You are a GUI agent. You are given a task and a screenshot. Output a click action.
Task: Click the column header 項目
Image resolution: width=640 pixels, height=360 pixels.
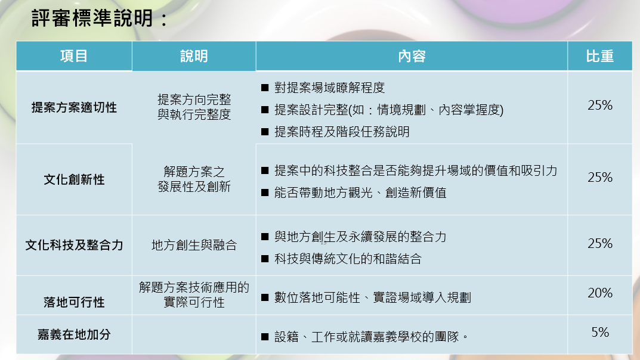pos(74,56)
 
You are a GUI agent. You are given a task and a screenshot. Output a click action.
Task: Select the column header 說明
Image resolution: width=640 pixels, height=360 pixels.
pos(194,56)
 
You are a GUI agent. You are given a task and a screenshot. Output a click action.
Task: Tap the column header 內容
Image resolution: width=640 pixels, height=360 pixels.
pos(412,56)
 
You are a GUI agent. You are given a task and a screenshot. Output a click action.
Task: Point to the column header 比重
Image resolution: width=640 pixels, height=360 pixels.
pos(599,56)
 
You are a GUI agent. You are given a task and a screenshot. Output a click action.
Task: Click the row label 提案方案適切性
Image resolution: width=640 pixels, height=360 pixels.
pos(74,107)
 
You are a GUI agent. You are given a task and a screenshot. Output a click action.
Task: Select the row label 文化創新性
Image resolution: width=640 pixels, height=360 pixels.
pos(74,179)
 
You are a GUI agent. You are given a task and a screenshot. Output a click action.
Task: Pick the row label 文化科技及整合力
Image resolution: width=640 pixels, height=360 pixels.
pos(74,244)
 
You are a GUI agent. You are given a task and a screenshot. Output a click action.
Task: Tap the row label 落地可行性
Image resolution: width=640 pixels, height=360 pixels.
pos(74,302)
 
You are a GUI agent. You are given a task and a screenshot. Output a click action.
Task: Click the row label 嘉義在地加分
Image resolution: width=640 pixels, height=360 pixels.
pos(74,334)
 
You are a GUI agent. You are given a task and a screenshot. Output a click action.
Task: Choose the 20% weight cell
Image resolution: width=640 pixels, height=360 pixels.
pos(600,293)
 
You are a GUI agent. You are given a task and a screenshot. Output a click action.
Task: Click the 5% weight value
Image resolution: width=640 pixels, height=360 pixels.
pos(600,332)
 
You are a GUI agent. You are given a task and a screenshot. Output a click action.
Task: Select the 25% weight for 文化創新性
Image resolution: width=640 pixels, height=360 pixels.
pos(600,177)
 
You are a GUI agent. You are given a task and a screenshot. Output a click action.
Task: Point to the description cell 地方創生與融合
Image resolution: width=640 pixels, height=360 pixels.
pos(194,245)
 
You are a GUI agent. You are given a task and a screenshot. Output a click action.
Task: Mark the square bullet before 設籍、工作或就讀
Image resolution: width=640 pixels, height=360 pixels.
pos(265,337)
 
